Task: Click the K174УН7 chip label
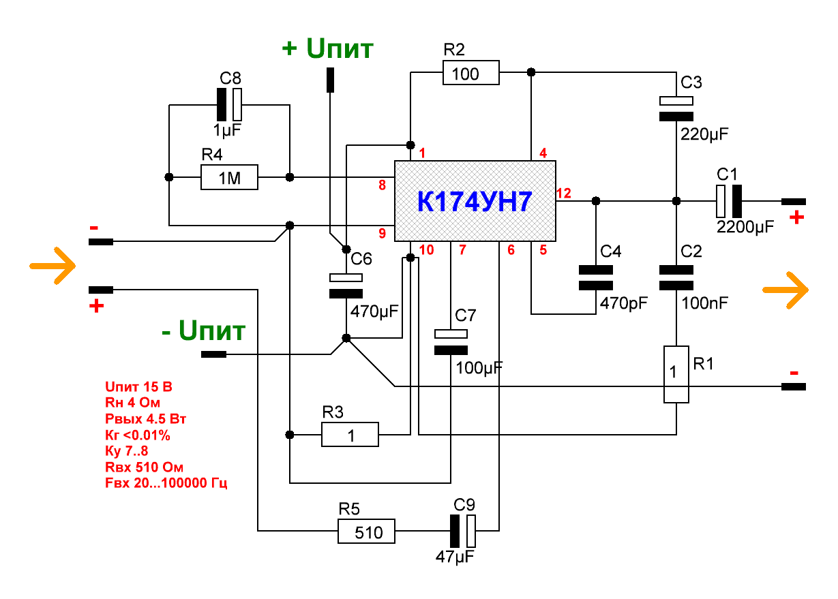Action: point(475,202)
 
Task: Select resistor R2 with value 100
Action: point(470,73)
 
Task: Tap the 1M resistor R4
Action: point(230,177)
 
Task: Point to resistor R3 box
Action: point(350,434)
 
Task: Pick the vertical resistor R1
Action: point(676,374)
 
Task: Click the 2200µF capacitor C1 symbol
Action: point(728,201)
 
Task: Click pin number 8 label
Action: point(382,185)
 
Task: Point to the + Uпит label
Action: point(327,49)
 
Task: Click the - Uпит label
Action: point(203,333)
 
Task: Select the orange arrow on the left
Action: point(53,265)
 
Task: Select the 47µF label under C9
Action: point(454,556)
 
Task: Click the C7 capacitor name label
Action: point(466,316)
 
